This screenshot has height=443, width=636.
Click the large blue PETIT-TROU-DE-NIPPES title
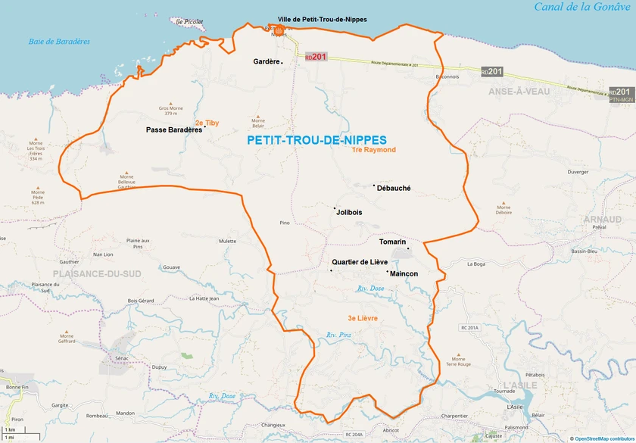(316, 140)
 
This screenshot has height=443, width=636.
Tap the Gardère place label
(267, 62)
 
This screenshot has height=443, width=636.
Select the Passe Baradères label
(173, 130)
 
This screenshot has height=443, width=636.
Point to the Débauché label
(393, 189)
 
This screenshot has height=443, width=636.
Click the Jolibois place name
(348, 213)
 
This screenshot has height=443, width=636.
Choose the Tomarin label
(392, 242)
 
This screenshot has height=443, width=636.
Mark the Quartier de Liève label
(360, 262)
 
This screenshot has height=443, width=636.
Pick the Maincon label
(404, 273)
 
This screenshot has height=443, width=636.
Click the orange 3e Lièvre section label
(363, 319)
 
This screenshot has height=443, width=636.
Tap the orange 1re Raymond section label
(373, 150)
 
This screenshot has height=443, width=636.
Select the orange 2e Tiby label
(207, 123)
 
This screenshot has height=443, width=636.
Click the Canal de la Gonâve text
(581, 8)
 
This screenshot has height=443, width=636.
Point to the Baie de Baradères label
(59, 42)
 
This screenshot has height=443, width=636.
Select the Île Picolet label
(189, 22)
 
